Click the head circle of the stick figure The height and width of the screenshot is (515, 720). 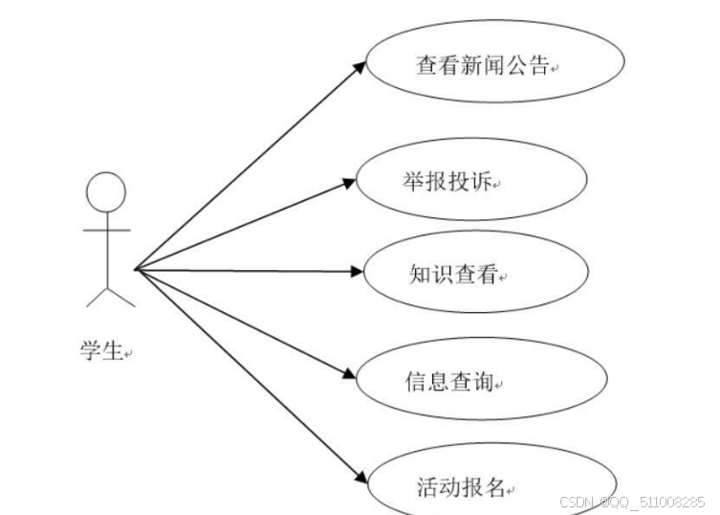(106, 191)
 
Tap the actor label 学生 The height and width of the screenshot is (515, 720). (101, 351)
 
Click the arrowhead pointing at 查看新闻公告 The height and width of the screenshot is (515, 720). (358, 67)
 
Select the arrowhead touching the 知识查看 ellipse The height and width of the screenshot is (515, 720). (354, 271)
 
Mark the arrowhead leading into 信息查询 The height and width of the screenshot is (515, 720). (349, 373)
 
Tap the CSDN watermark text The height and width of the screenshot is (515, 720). (631, 502)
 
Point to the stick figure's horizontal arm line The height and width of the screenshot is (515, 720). (106, 231)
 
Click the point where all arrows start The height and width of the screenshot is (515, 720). (137, 270)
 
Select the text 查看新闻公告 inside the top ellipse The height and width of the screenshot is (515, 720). (483, 65)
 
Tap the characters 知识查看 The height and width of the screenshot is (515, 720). (448, 274)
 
